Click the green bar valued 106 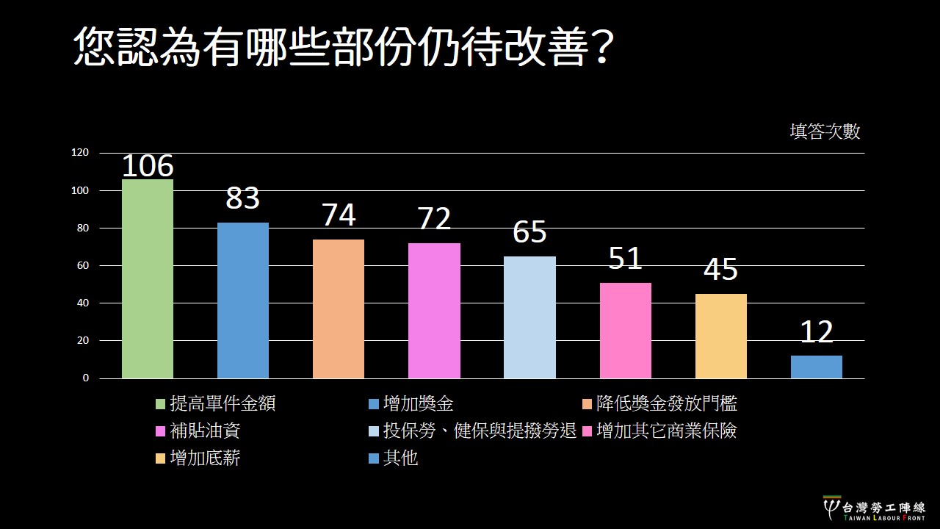tap(148, 279)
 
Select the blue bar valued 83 tap(243, 301)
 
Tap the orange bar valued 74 tap(339, 309)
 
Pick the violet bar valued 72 tap(434, 311)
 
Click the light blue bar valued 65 tap(529, 317)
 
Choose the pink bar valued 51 tap(626, 331)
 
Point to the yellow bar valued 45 tap(721, 336)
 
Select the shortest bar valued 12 tap(817, 367)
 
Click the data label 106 tap(148, 167)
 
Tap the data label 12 tap(817, 332)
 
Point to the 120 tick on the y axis tap(80, 153)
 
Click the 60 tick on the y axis tap(83, 265)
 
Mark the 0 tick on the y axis tap(85, 378)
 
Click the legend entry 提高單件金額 tap(223, 403)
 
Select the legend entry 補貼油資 tap(205, 431)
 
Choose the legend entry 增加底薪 tap(205, 458)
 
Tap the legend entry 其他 tap(400, 458)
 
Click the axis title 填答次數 tap(825, 132)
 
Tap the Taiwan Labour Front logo tap(874, 508)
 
